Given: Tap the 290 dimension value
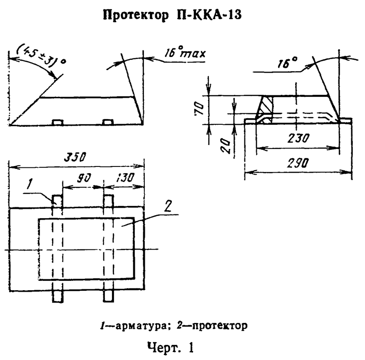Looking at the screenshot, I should pos(298,163).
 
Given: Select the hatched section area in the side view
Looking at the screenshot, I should pos(266,107).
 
